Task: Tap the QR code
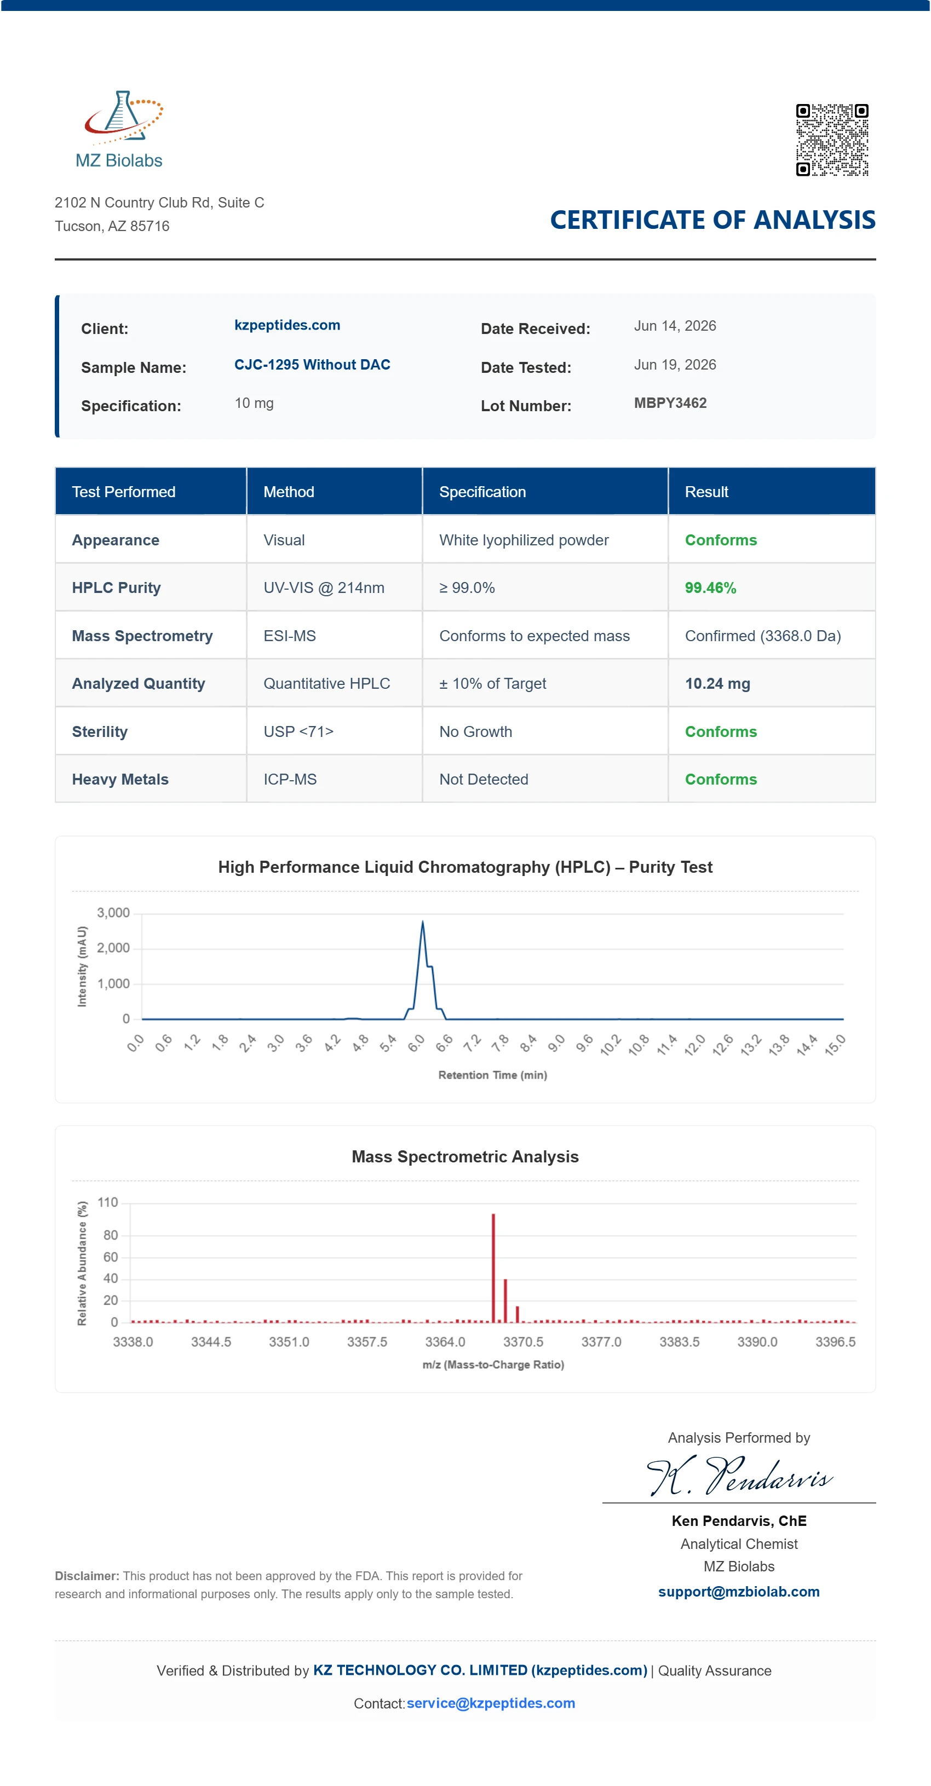point(832,140)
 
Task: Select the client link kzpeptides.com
point(287,325)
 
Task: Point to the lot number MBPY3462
point(670,403)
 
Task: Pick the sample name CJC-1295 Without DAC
point(312,365)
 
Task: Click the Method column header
point(289,492)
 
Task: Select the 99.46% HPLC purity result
point(710,588)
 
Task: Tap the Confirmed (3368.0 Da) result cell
point(762,636)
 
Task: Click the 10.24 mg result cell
point(717,684)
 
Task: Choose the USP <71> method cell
point(298,731)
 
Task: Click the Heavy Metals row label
point(120,779)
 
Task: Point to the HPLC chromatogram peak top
point(422,922)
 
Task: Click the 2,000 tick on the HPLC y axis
point(113,948)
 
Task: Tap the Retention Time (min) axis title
point(492,1075)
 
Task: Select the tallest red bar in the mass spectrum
point(493,1268)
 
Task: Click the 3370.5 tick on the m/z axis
point(523,1341)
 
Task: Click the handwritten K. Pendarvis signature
point(739,1476)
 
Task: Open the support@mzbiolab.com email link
point(739,1591)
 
